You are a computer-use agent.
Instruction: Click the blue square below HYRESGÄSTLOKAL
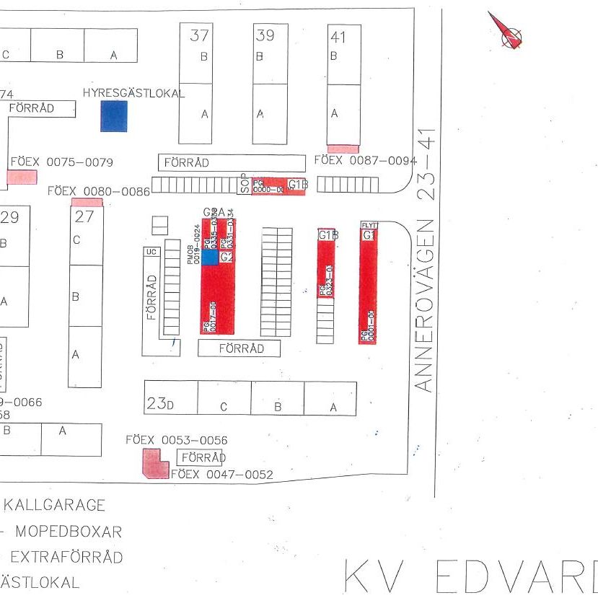113,116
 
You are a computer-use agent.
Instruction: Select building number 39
265,35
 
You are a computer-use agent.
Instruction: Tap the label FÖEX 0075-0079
61,163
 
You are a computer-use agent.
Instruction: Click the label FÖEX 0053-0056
177,439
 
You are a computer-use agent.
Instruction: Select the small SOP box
245,185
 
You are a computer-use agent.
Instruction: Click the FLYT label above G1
369,226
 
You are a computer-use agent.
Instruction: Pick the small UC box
151,252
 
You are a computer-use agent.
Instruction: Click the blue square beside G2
209,257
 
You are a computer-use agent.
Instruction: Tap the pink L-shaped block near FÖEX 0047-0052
154,463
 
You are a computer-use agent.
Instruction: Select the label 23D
160,405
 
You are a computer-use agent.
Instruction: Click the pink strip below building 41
343,149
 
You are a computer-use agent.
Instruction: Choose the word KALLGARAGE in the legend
55,506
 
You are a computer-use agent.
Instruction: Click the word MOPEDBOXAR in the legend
69,532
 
